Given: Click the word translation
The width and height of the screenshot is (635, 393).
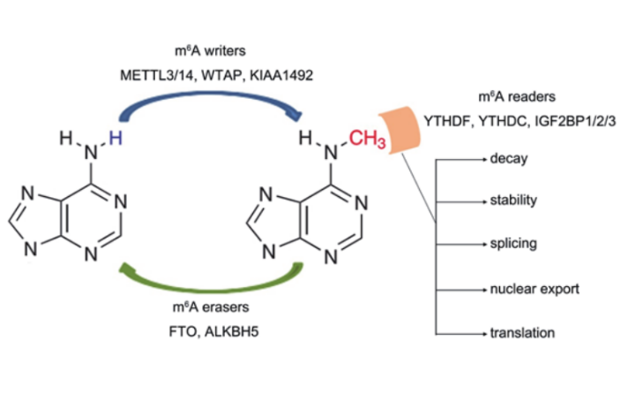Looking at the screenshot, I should tap(522, 333).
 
